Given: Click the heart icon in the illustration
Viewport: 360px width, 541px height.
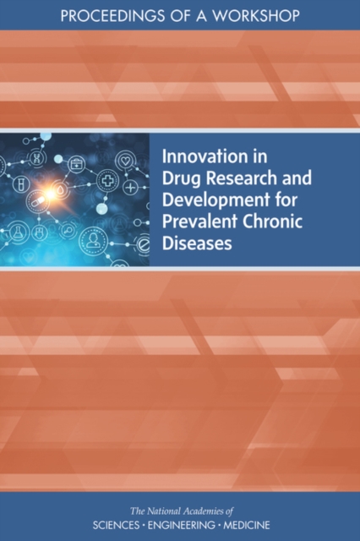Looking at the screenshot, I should (124, 161).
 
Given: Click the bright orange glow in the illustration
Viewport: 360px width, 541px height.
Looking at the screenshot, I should (51, 194).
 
